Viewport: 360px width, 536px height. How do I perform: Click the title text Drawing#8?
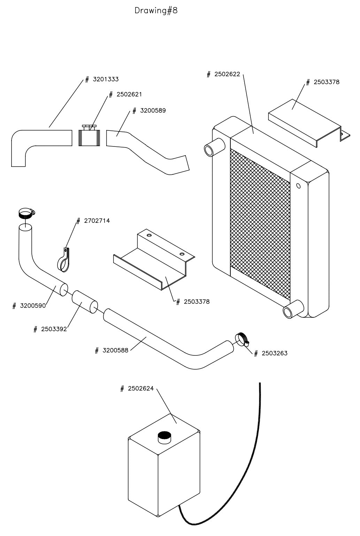[156, 11]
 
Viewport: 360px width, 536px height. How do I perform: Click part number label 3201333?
[105, 80]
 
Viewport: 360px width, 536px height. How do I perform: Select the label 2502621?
[129, 95]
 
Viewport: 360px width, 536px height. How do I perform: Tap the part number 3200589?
[153, 111]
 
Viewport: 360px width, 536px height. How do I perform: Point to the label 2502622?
[227, 74]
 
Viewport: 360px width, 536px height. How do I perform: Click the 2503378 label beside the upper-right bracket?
[326, 82]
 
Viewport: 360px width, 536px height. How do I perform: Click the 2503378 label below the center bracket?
[197, 302]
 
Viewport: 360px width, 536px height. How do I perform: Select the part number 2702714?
[97, 221]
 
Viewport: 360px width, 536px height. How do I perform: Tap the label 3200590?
[33, 306]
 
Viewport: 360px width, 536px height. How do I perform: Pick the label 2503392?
[54, 329]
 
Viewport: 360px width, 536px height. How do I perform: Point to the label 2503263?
[274, 353]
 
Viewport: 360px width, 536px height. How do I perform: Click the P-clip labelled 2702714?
[63, 262]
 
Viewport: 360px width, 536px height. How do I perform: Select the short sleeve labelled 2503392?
[85, 302]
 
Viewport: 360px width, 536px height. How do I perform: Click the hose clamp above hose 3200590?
[26, 213]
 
